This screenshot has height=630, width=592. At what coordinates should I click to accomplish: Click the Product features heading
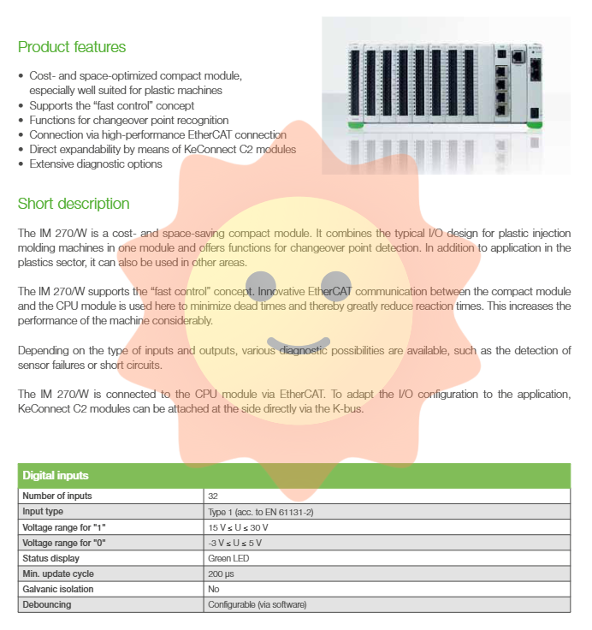(72, 47)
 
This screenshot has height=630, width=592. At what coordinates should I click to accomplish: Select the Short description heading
(74, 204)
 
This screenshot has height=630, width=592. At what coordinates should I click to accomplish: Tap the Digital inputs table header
(56, 475)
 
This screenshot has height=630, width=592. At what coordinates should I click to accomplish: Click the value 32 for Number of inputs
(212, 496)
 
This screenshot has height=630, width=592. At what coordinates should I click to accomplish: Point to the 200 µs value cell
(219, 574)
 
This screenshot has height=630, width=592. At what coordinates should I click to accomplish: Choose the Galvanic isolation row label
(58, 589)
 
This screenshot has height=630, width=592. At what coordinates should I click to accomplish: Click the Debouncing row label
(47, 604)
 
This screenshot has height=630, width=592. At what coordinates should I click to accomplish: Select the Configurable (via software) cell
(257, 604)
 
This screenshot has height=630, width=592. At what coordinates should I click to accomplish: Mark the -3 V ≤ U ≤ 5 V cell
(236, 543)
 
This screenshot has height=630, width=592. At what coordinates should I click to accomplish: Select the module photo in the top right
(446, 95)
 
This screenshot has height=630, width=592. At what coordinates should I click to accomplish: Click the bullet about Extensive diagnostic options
(96, 163)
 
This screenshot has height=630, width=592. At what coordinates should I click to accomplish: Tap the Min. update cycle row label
(58, 574)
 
